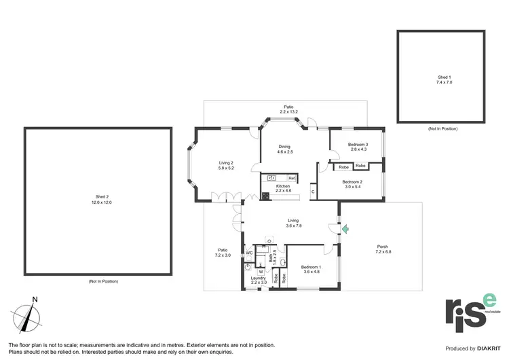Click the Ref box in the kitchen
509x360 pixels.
[x=291, y=178]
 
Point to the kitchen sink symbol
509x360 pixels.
[x=271, y=178]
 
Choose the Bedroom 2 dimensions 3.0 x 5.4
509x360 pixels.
[x=351, y=185]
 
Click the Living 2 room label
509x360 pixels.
[x=226, y=165]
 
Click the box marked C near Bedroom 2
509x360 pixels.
[x=313, y=191]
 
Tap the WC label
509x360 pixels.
[x=249, y=253]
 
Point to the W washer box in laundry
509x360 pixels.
[x=261, y=272]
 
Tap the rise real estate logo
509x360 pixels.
[x=471, y=312]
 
